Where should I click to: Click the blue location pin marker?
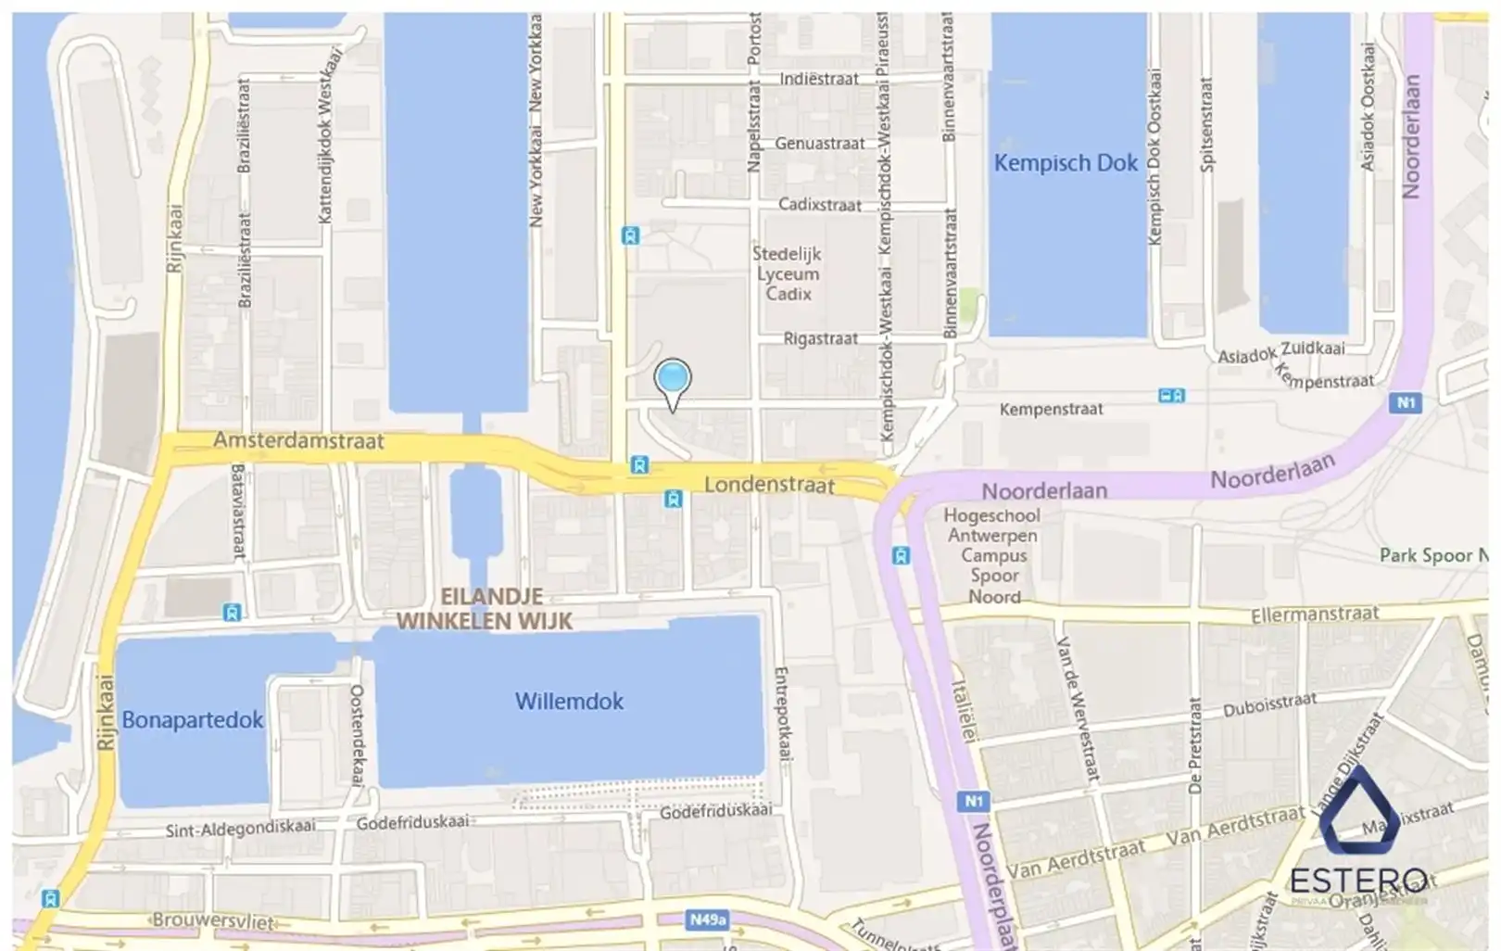pos(673,380)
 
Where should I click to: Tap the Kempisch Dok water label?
pos(1066,163)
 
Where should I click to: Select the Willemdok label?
pos(569,702)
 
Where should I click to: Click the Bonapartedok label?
pos(193,720)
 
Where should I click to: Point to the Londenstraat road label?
pos(769,485)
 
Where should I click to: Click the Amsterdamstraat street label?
pos(298,440)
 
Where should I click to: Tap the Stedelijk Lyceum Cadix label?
pos(787,273)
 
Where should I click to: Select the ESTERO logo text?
pos(1358,880)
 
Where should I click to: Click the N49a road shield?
pos(707,920)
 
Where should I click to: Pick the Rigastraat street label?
pos(820,339)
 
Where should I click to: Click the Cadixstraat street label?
pos(819,205)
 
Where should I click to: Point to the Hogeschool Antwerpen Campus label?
pos(992,555)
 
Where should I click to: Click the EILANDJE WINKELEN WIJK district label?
pos(485,609)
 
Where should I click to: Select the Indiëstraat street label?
pos(818,80)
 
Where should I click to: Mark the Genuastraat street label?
pos(819,144)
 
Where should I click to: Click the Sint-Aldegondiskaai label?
pos(240,828)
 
